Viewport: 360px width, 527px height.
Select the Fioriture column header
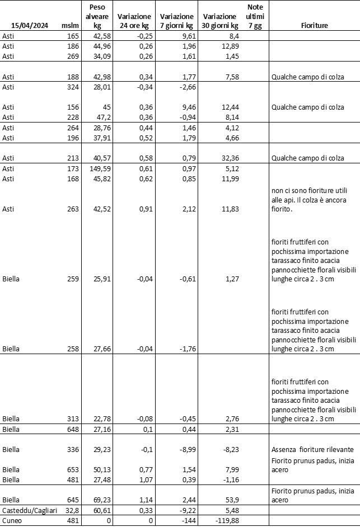point(314,25)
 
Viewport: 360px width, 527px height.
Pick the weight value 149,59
point(101,168)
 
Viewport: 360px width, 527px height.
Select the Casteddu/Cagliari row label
point(28,511)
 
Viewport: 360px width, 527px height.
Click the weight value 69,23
point(101,500)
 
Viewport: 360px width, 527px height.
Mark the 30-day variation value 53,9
point(230,500)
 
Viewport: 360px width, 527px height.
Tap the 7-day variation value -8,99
point(184,449)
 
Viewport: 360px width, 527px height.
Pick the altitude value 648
point(73,430)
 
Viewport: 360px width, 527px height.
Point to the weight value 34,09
point(101,55)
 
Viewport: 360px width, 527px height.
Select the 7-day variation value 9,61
point(186,36)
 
